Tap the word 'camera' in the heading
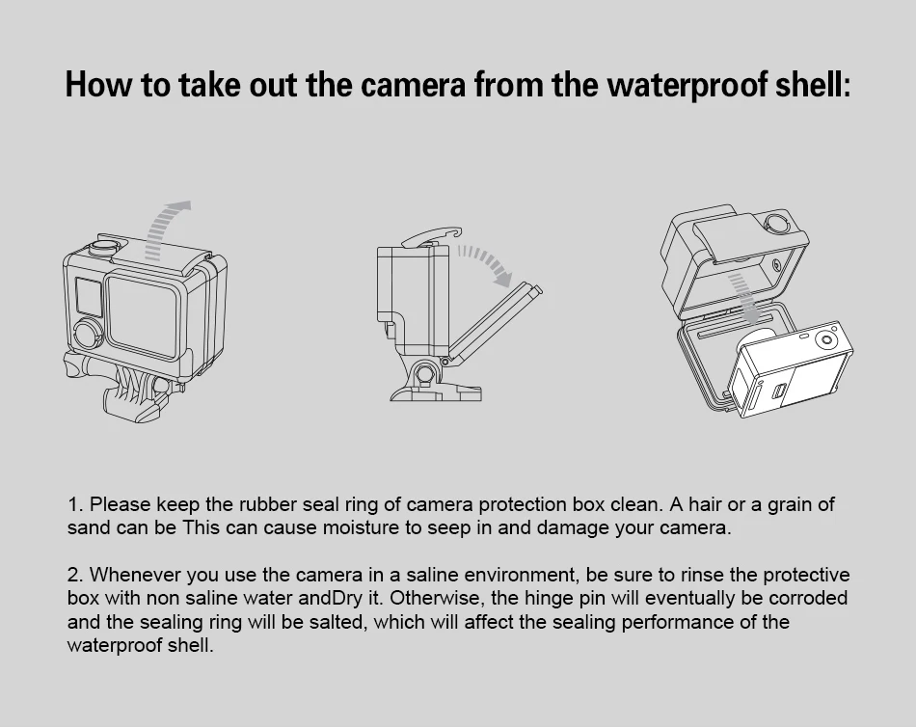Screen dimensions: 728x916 [x=414, y=85]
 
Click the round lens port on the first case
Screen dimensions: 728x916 [x=87, y=334]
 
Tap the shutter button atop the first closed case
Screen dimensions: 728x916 [x=100, y=245]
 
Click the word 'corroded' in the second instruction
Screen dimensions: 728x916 [x=809, y=599]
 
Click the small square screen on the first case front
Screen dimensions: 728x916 [x=87, y=294]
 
